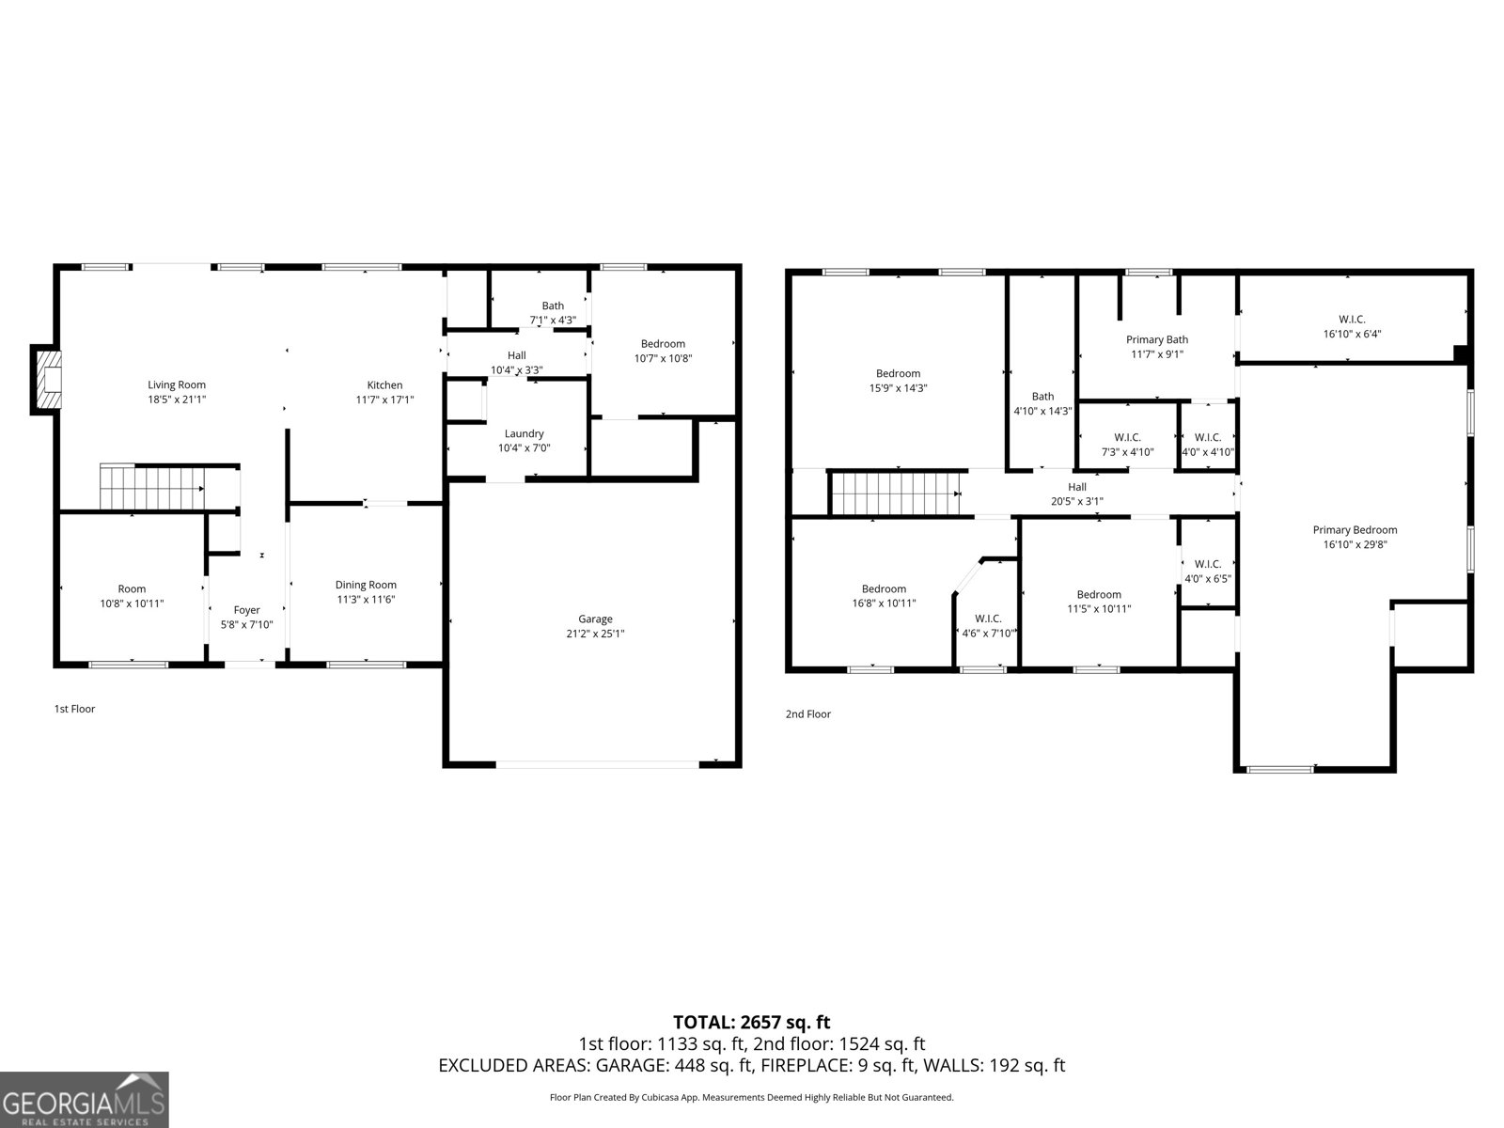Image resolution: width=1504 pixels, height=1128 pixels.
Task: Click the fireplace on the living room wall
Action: tap(47, 380)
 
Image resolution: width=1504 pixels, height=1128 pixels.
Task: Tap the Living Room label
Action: tap(177, 384)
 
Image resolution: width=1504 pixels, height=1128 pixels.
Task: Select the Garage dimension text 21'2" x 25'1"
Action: tap(595, 634)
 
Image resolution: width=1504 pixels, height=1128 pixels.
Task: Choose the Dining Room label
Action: tap(366, 585)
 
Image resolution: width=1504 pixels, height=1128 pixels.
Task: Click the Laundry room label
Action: tap(525, 433)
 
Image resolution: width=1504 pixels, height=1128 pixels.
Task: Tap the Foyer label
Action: tap(246, 610)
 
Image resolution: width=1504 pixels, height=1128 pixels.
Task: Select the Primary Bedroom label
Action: tap(1355, 530)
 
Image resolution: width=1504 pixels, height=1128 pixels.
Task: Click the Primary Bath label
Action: tap(1156, 339)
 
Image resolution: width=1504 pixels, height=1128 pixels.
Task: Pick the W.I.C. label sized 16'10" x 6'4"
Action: tap(1352, 320)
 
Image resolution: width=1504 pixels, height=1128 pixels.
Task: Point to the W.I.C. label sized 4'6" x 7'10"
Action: tap(988, 619)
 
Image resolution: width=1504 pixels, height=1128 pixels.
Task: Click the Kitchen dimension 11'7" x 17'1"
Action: tap(384, 400)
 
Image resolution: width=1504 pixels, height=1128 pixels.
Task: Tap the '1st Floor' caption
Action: tap(74, 709)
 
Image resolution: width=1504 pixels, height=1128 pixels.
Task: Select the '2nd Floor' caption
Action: tap(807, 713)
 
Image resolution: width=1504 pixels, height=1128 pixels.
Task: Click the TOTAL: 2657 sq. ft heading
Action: tap(752, 1022)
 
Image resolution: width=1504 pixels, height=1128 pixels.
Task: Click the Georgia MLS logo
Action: tap(85, 1100)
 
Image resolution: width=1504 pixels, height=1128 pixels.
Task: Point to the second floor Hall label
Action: tap(1077, 487)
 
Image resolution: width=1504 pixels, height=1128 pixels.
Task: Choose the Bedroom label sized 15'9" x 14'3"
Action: tap(898, 373)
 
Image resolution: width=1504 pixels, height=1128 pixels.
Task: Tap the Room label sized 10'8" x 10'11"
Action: tap(132, 589)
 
